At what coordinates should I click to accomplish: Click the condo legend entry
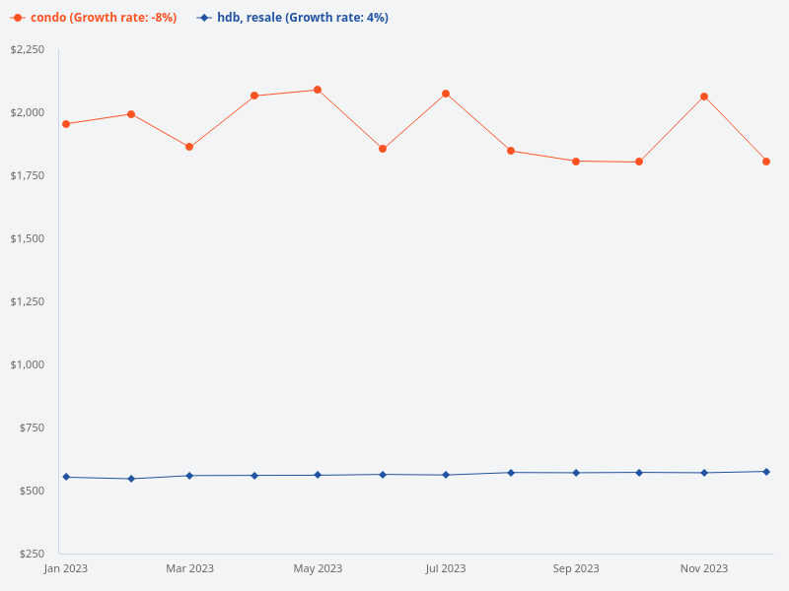pyautogui.click(x=94, y=18)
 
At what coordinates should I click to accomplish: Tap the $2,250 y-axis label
pyautogui.click(x=28, y=49)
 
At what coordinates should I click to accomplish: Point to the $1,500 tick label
pyautogui.click(x=28, y=238)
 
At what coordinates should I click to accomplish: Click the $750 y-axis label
pyautogui.click(x=32, y=427)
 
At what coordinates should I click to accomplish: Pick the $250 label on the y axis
pyautogui.click(x=32, y=554)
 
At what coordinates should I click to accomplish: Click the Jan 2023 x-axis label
pyautogui.click(x=66, y=568)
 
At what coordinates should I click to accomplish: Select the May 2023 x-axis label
pyautogui.click(x=318, y=568)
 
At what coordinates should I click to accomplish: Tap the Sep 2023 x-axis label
pyautogui.click(x=576, y=568)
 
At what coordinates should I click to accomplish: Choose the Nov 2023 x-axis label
pyautogui.click(x=704, y=568)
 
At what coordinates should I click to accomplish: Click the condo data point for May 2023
pyautogui.click(x=318, y=90)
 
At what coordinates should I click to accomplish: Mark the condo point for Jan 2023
pyautogui.click(x=66, y=124)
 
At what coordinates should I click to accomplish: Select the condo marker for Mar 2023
pyautogui.click(x=189, y=147)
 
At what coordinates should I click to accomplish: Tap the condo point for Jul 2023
pyautogui.click(x=446, y=94)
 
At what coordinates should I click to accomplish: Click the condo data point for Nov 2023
pyautogui.click(x=704, y=97)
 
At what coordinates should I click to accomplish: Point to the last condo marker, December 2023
pyautogui.click(x=766, y=162)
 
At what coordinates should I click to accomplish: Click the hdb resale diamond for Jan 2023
pyautogui.click(x=66, y=477)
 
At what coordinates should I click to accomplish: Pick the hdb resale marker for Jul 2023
pyautogui.click(x=446, y=475)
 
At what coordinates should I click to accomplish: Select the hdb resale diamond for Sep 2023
pyautogui.click(x=576, y=473)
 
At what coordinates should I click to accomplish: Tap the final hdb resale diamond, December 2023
pyautogui.click(x=766, y=472)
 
